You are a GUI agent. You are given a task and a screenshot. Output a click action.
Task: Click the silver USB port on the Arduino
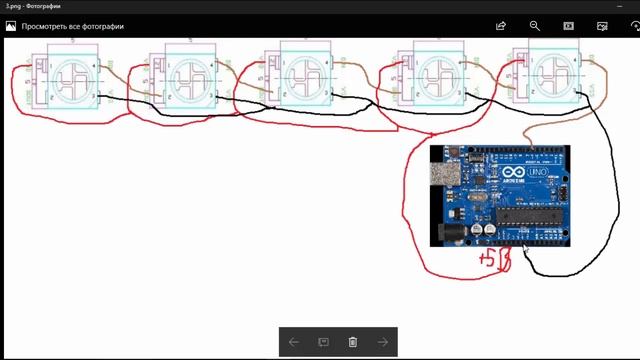point(442,174)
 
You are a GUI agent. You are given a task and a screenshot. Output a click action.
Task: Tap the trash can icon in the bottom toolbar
point(353,342)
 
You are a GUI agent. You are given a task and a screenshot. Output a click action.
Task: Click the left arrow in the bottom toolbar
point(293,342)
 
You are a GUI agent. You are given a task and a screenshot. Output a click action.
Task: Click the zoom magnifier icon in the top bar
point(535,27)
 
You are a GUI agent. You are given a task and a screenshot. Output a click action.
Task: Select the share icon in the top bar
point(501,27)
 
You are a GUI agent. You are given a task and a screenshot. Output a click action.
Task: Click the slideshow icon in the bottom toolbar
point(323,342)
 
